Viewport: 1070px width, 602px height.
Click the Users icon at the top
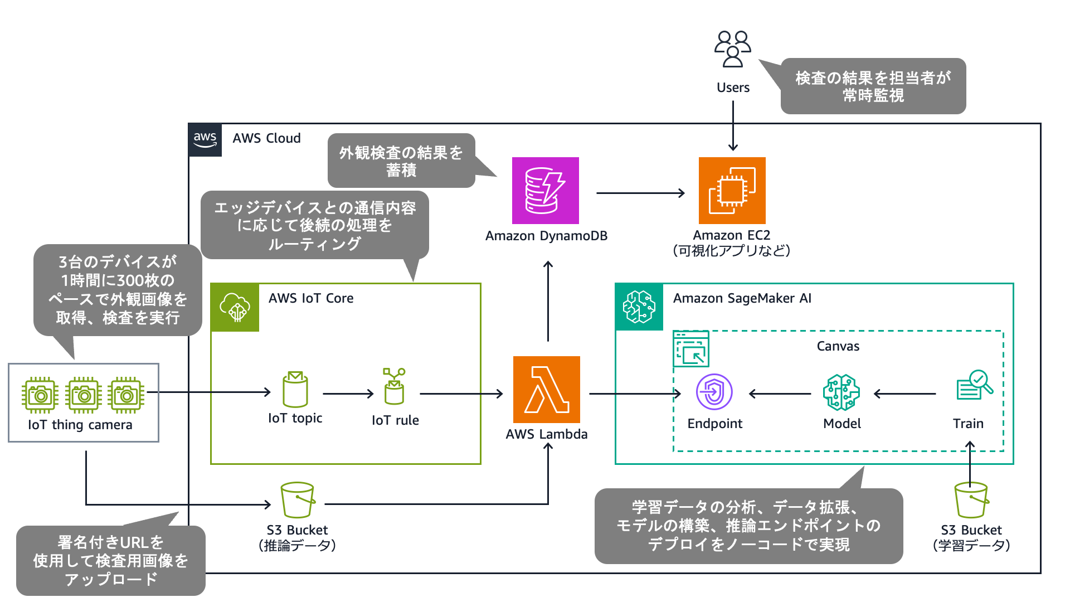(733, 49)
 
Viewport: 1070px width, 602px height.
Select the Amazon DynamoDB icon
(545, 191)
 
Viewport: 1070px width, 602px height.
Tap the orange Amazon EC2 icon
(732, 191)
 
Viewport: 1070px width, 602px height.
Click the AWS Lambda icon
(546, 390)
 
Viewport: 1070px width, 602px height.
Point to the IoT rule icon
(394, 386)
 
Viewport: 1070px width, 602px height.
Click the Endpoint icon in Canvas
(714, 391)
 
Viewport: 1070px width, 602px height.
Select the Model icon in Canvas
(841, 392)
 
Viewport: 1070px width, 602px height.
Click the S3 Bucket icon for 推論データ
(297, 500)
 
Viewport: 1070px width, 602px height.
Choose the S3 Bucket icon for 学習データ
(971, 500)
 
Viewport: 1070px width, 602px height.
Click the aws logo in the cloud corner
(205, 140)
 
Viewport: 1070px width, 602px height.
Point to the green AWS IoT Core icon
(235, 307)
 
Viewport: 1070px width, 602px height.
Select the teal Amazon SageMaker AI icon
(639, 307)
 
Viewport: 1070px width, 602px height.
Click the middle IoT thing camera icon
(84, 395)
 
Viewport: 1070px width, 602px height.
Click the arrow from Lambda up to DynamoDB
(548, 301)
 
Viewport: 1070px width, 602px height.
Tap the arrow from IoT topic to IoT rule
(348, 394)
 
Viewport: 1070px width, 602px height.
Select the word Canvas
(838, 346)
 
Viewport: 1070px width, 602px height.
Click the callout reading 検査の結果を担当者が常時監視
(873, 86)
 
